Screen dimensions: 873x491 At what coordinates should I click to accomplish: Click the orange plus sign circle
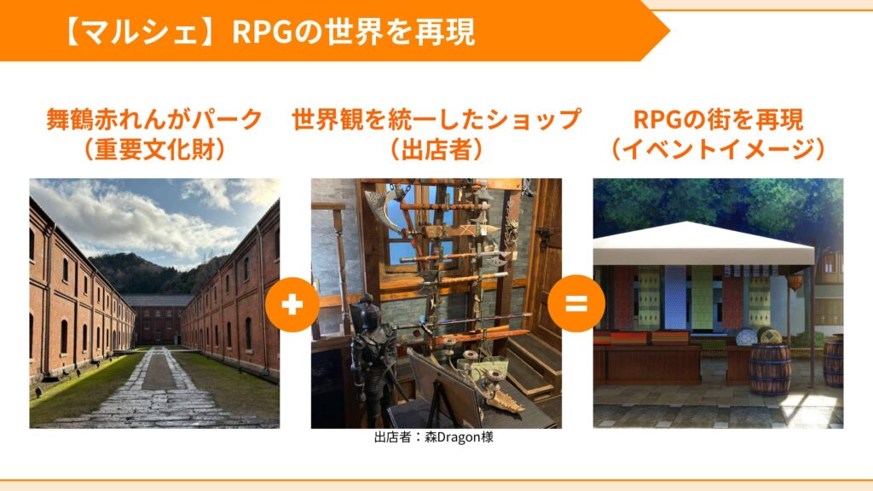[x=292, y=304]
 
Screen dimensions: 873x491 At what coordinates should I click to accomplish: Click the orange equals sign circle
[x=576, y=303]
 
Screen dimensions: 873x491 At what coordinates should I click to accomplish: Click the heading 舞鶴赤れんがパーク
[x=154, y=119]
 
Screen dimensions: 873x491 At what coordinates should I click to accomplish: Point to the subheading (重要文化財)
[x=154, y=148]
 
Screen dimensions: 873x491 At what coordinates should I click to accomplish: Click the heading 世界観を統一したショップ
[x=436, y=119]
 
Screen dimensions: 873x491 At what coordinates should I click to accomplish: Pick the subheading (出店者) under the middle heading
[x=436, y=148]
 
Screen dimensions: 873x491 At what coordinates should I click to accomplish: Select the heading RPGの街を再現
[x=718, y=119]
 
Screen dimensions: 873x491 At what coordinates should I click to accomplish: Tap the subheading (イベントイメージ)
[x=718, y=148]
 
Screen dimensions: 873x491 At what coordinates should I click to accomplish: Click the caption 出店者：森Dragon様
[x=434, y=437]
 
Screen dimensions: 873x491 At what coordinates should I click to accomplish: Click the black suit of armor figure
[x=372, y=356]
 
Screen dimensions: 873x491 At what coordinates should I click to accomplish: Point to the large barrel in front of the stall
[x=770, y=368]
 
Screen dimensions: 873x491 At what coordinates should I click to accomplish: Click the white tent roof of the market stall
[x=702, y=244]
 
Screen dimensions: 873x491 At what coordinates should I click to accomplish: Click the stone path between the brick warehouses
[x=159, y=390]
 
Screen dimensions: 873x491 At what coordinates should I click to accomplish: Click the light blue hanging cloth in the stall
[x=675, y=297]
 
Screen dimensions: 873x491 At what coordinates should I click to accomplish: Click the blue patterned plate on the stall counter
[x=746, y=337]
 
